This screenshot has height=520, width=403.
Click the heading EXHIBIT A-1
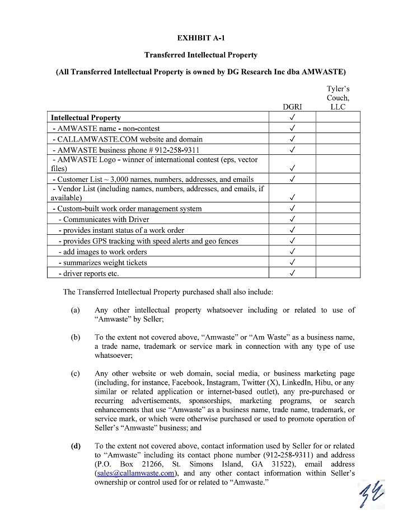201,38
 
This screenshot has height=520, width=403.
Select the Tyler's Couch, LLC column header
338,98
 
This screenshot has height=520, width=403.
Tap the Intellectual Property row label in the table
86,118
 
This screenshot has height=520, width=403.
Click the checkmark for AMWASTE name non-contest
292,129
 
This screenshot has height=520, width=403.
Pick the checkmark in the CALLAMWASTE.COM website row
292,139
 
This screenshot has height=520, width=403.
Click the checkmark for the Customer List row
292,179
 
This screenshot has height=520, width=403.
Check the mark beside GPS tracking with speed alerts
292,241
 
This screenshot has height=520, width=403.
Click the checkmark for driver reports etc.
292,273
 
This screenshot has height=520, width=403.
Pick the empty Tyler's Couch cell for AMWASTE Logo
338,164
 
